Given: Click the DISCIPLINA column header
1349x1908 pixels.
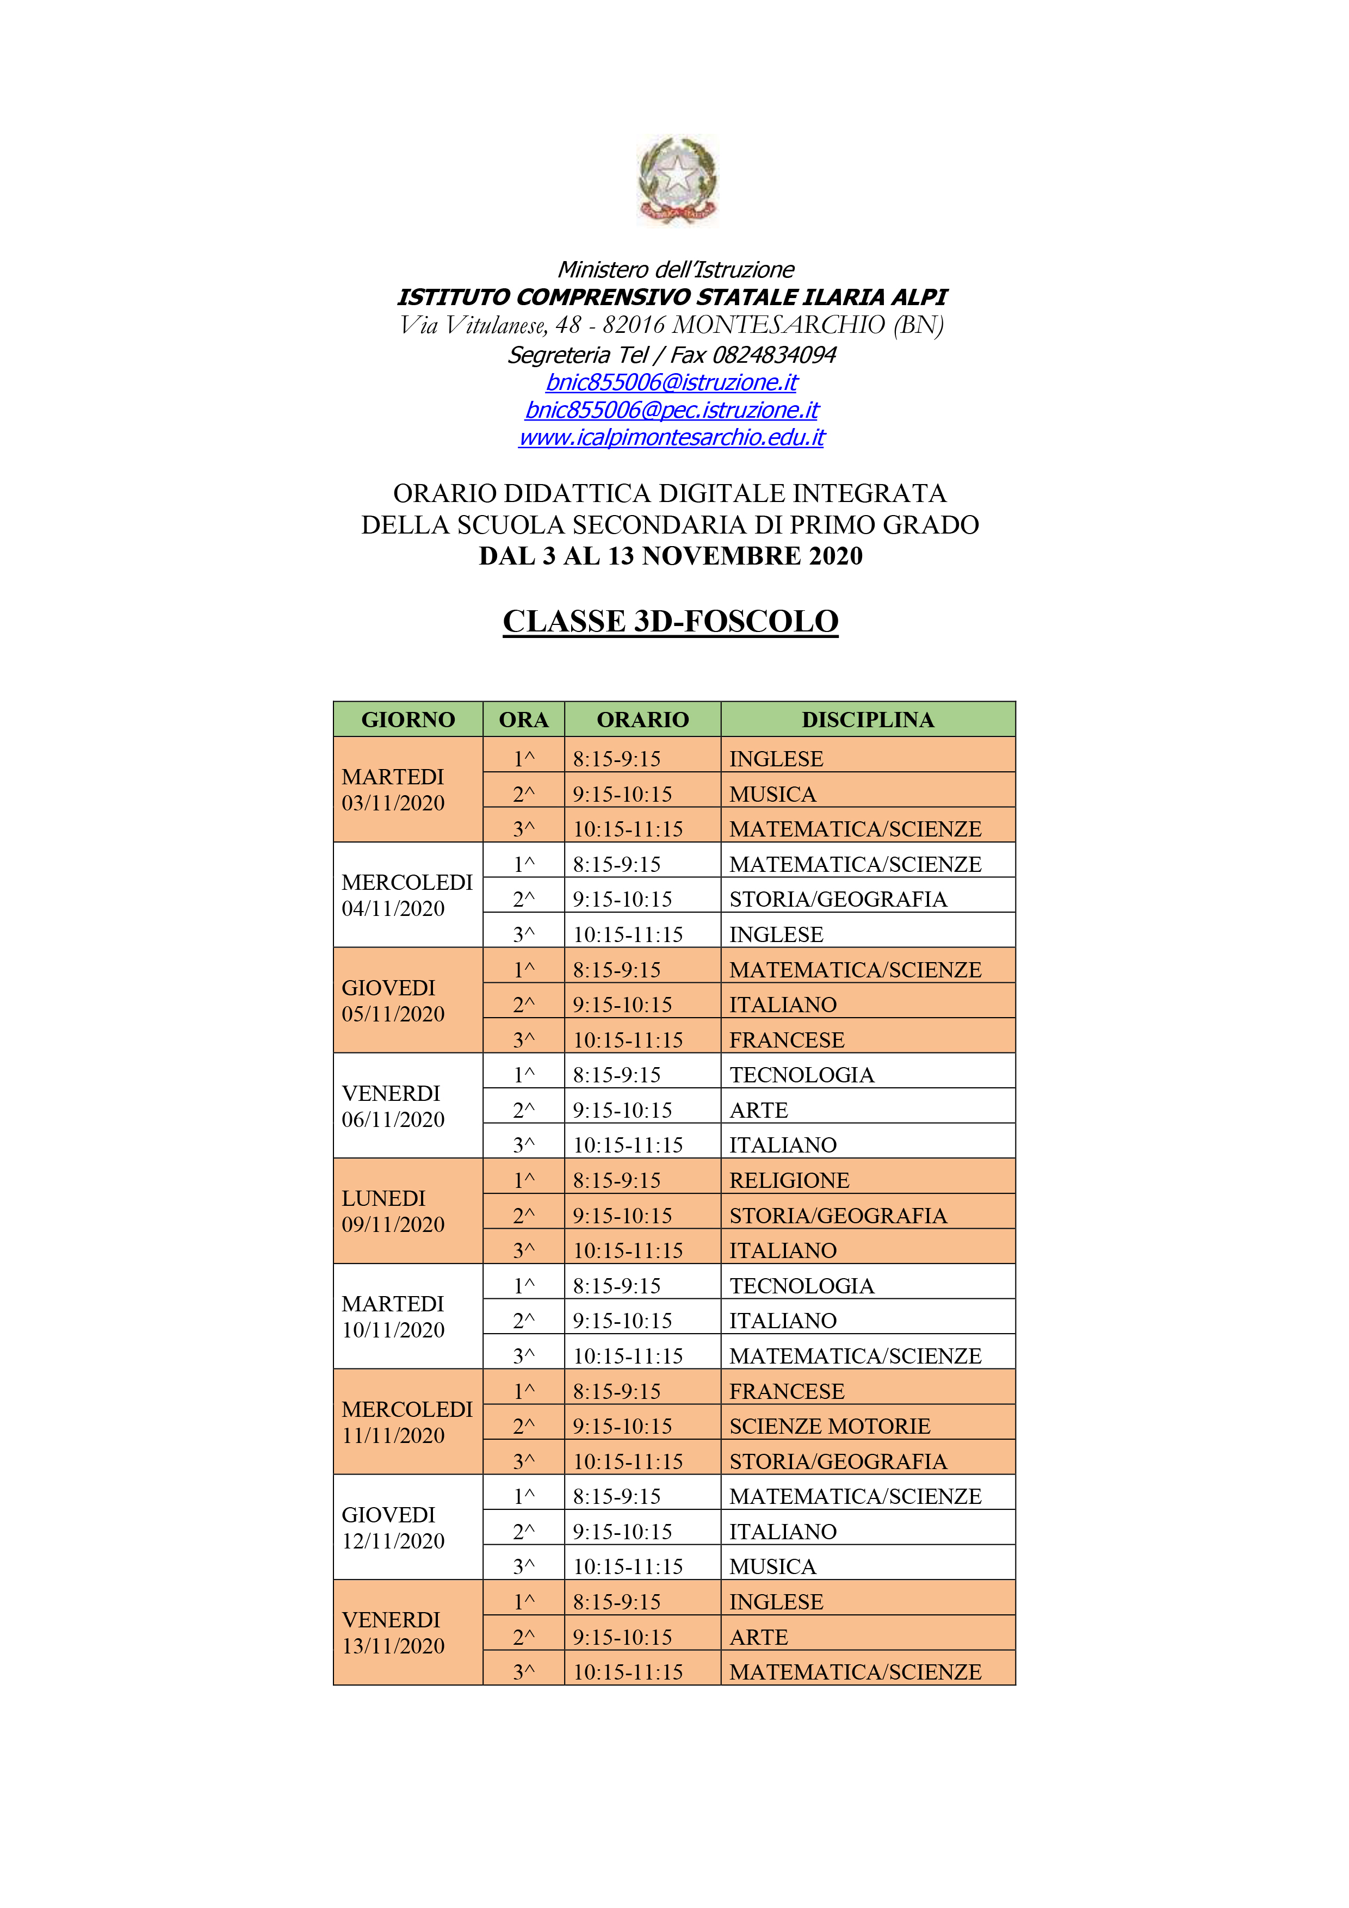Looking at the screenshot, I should click(x=867, y=720).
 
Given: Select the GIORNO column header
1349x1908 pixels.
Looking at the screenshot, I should click(x=407, y=720).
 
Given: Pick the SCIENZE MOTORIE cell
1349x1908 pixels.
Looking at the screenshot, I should click(x=830, y=1426).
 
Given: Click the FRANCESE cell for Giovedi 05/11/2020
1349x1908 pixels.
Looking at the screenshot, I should click(x=787, y=1039).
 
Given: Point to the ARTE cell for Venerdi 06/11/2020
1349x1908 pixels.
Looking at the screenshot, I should click(x=758, y=1110).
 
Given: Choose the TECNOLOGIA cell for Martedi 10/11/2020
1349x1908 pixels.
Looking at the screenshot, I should click(x=801, y=1286).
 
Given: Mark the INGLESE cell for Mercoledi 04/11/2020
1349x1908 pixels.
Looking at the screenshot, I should click(x=776, y=934).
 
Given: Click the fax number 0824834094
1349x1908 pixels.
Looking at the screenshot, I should click(x=774, y=355).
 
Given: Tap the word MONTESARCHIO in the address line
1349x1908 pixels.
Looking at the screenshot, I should click(x=779, y=325).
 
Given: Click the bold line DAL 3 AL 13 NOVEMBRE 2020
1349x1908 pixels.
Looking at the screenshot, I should click(x=670, y=556).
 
